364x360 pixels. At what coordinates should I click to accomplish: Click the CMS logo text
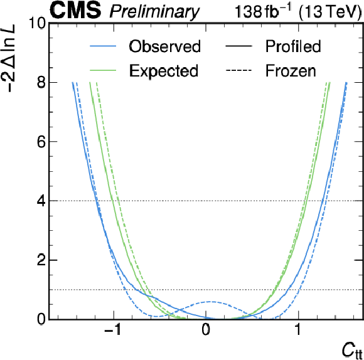tap(76, 11)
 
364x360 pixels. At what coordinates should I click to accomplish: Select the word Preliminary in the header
tap(154, 12)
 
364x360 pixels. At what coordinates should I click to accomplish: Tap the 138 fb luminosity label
tap(263, 11)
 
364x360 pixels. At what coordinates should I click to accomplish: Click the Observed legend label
tap(164, 46)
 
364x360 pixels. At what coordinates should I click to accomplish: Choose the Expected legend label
tap(164, 70)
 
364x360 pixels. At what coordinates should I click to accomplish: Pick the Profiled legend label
tap(293, 46)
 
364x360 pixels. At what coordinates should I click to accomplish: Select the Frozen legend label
tap(291, 70)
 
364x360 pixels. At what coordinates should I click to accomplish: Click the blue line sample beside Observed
tap(103, 46)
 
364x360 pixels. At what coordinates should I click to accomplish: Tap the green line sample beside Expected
tap(103, 70)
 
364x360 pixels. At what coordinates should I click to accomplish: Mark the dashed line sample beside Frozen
tap(238, 70)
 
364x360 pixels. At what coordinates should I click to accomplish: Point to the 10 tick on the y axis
tap(37, 23)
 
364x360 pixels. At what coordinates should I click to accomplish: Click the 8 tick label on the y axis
tap(41, 83)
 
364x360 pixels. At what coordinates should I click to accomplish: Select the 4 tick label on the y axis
tap(41, 201)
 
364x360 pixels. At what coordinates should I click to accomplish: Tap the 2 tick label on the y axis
tap(41, 260)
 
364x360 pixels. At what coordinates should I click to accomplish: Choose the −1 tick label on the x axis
tap(113, 330)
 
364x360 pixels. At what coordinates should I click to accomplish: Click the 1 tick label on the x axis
tap(298, 330)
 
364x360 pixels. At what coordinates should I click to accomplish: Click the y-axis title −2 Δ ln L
tap(9, 57)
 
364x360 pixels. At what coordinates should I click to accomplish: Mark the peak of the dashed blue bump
tap(211, 302)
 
